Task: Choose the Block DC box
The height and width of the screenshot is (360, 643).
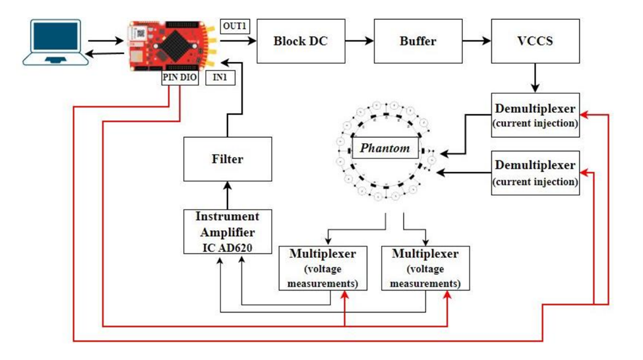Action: coord(300,41)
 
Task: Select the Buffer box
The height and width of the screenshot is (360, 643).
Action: coord(417,41)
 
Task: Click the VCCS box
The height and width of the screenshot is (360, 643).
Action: coord(535,41)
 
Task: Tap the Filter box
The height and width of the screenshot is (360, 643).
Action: coord(228,159)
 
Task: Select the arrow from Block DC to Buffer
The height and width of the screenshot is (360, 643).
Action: coord(359,41)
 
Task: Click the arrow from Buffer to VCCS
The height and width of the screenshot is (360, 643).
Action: coord(476,41)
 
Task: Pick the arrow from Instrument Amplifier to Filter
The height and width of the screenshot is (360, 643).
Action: coord(228,195)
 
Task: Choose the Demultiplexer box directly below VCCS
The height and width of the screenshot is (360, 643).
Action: coord(535,115)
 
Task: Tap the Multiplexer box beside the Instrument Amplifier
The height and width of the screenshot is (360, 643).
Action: coord(318,268)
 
